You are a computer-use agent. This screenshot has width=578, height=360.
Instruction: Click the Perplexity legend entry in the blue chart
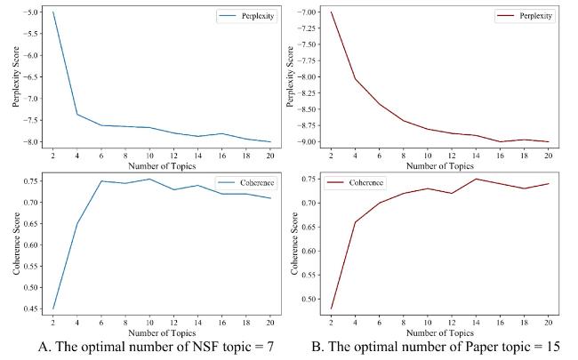pyautogui.click(x=252, y=17)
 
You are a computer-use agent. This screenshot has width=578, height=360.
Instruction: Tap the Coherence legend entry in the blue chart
pyautogui.click(x=252, y=183)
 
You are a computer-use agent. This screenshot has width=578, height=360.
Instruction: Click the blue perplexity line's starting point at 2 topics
pyautogui.click(x=53, y=12)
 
